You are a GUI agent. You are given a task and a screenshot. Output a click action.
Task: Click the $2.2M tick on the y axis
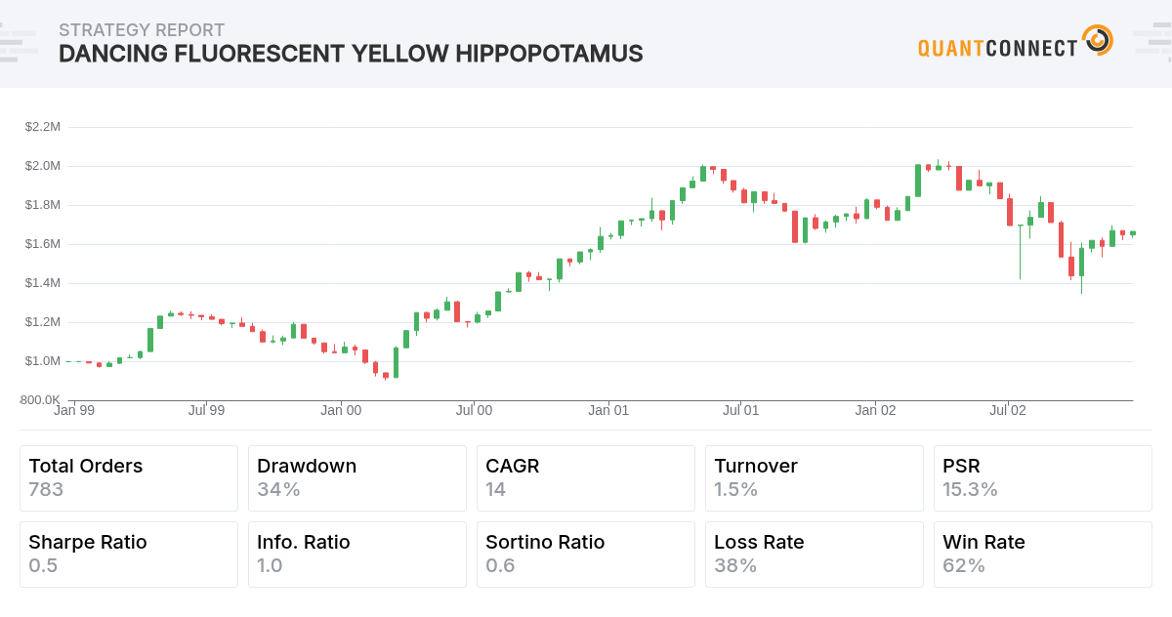[43, 127]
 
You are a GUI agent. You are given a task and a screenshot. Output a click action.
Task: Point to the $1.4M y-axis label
[43, 283]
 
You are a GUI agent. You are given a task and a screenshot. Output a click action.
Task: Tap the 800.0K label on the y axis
[41, 400]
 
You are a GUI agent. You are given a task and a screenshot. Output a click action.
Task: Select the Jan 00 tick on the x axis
[341, 411]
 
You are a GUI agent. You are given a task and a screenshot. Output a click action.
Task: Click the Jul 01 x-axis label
[740, 411]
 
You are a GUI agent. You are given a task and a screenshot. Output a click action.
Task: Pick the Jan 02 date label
[875, 411]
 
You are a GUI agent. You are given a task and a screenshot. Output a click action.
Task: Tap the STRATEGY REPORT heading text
[142, 30]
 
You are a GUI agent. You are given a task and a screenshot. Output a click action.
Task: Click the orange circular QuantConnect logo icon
[1098, 41]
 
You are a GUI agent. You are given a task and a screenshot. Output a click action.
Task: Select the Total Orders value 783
[46, 489]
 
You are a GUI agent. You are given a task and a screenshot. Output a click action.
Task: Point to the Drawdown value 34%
[278, 489]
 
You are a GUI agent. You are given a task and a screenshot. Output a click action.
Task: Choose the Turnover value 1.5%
[735, 489]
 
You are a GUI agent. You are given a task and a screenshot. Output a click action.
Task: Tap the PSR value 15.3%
[970, 489]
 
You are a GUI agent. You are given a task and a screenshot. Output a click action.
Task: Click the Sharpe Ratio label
[88, 542]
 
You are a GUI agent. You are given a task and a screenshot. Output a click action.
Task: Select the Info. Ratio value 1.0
[270, 565]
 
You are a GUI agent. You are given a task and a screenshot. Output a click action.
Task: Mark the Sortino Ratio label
[545, 542]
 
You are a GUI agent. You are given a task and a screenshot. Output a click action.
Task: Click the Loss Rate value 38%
[735, 565]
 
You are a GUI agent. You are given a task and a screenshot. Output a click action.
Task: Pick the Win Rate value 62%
[964, 565]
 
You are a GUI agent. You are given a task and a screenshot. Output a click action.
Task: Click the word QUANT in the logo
[951, 47]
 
